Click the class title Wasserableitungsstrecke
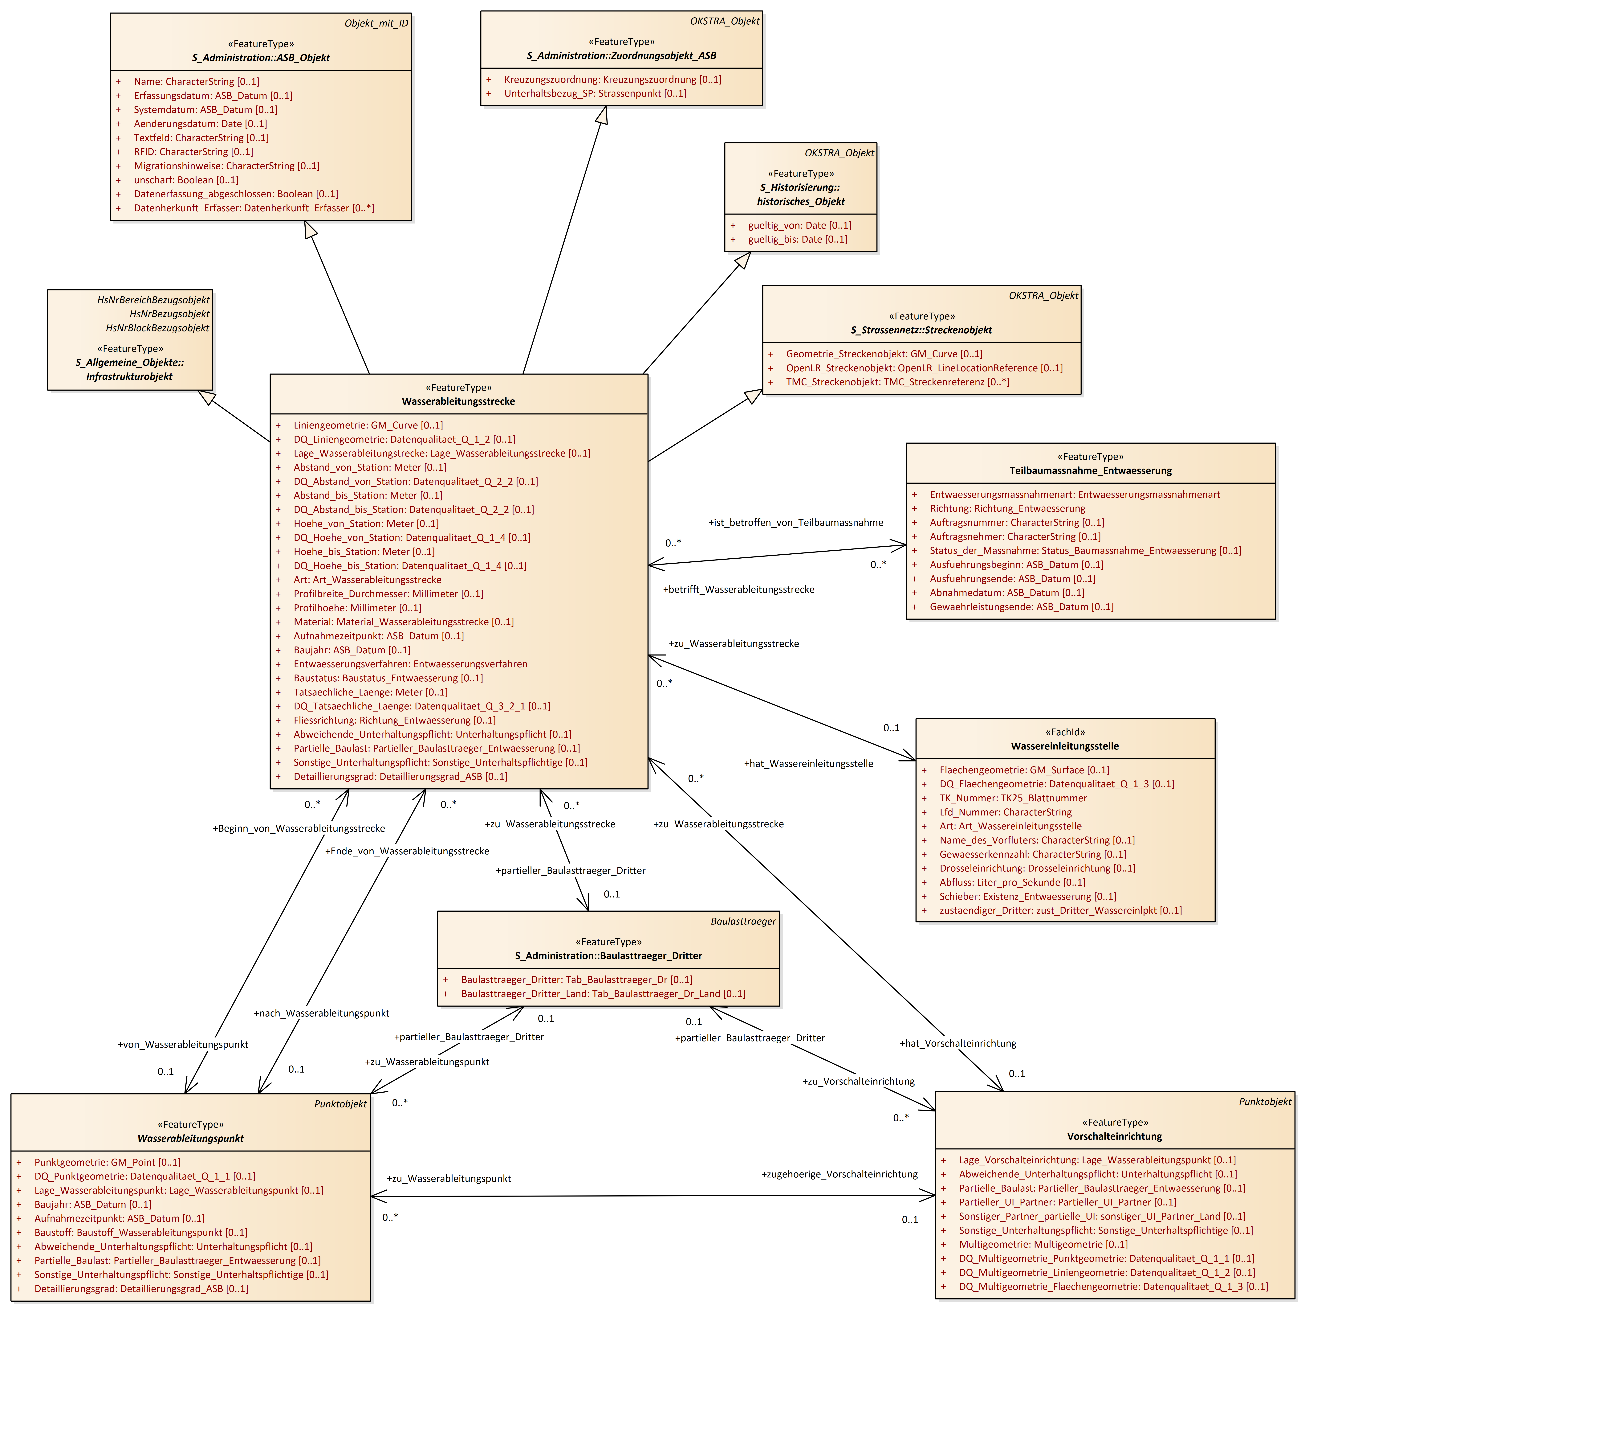(x=458, y=401)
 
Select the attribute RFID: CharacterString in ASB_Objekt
(x=193, y=152)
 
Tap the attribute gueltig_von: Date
(x=799, y=226)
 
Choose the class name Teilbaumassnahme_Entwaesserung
(x=1090, y=471)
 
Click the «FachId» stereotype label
(x=1065, y=732)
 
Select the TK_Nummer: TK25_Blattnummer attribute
(x=1012, y=798)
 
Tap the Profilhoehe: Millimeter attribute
(x=357, y=608)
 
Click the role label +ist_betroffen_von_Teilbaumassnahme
(x=795, y=523)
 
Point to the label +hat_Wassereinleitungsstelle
(x=808, y=764)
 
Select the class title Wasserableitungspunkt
(x=191, y=1139)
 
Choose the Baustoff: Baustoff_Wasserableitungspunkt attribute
(x=140, y=1233)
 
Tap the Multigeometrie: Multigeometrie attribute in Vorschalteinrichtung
(x=1043, y=1245)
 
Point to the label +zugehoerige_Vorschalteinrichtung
(x=839, y=1174)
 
